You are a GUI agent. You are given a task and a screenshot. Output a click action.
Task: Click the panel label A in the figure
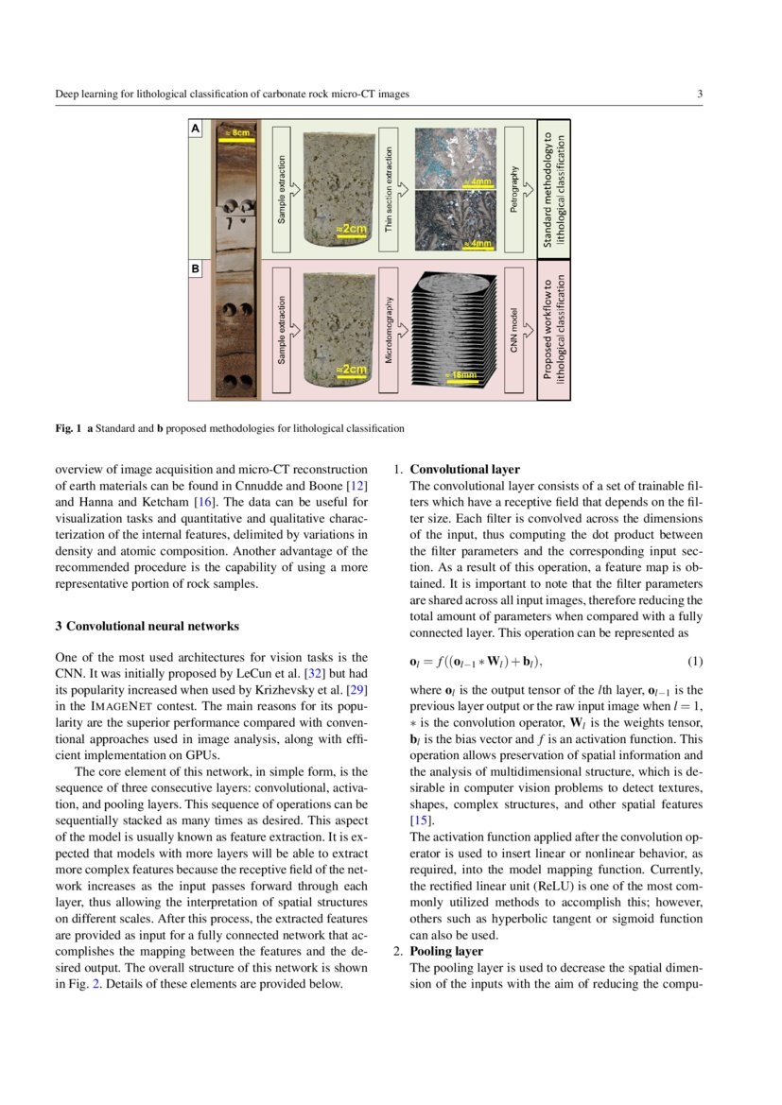click(196, 128)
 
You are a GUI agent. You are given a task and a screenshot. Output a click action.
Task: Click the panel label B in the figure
click(196, 269)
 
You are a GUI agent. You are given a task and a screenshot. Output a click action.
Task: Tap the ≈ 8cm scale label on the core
click(236, 133)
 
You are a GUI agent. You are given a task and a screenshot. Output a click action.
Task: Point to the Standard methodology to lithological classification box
click(554, 189)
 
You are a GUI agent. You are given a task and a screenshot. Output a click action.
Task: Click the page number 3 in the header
click(699, 94)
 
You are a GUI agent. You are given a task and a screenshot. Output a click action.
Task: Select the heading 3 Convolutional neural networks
click(147, 626)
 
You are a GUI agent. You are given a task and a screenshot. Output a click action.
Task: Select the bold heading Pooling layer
click(446, 951)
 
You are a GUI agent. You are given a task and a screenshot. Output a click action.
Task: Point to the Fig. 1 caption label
click(67, 428)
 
